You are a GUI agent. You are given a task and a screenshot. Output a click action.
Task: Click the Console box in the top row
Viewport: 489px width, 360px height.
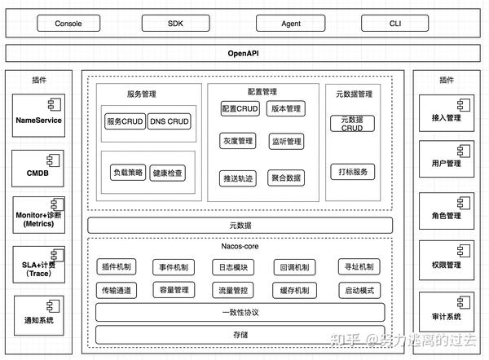(68, 23)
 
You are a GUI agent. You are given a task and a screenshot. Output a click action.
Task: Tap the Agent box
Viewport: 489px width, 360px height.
(291, 23)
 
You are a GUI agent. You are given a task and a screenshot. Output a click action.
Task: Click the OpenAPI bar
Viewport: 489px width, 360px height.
(243, 53)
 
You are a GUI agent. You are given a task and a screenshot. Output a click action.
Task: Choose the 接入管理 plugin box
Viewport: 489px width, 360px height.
(447, 116)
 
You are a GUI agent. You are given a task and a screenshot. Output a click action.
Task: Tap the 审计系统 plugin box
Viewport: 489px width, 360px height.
(447, 315)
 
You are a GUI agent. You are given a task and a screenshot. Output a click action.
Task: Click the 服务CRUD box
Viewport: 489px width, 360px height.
(125, 122)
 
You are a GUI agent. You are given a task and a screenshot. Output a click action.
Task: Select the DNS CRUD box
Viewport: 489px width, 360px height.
(169, 122)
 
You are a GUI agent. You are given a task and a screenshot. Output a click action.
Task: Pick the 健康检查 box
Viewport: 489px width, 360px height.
(169, 173)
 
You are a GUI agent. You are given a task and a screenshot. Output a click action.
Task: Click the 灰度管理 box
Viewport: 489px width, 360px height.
(237, 142)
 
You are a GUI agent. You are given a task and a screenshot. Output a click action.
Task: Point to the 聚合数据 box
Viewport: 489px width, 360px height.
(286, 177)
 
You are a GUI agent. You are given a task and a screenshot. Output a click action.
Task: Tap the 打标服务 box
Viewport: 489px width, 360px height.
(353, 172)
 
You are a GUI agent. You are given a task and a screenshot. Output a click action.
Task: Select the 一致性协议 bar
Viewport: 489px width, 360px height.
(240, 312)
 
